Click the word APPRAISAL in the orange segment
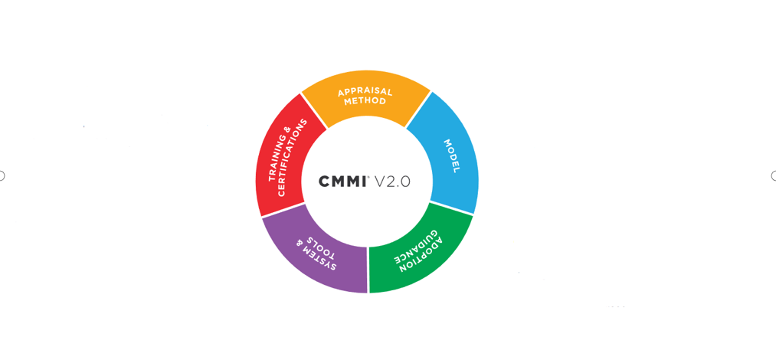click(x=365, y=92)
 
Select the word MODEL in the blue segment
click(x=451, y=155)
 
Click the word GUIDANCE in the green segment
click(x=414, y=247)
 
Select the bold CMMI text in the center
click(x=342, y=182)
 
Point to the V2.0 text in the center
click(x=392, y=182)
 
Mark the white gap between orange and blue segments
click(x=418, y=110)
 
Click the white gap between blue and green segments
click(x=451, y=208)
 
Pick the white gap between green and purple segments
click(x=368, y=270)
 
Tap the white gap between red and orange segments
click(x=314, y=111)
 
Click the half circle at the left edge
click(x=2, y=175)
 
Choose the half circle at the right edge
click(x=774, y=175)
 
